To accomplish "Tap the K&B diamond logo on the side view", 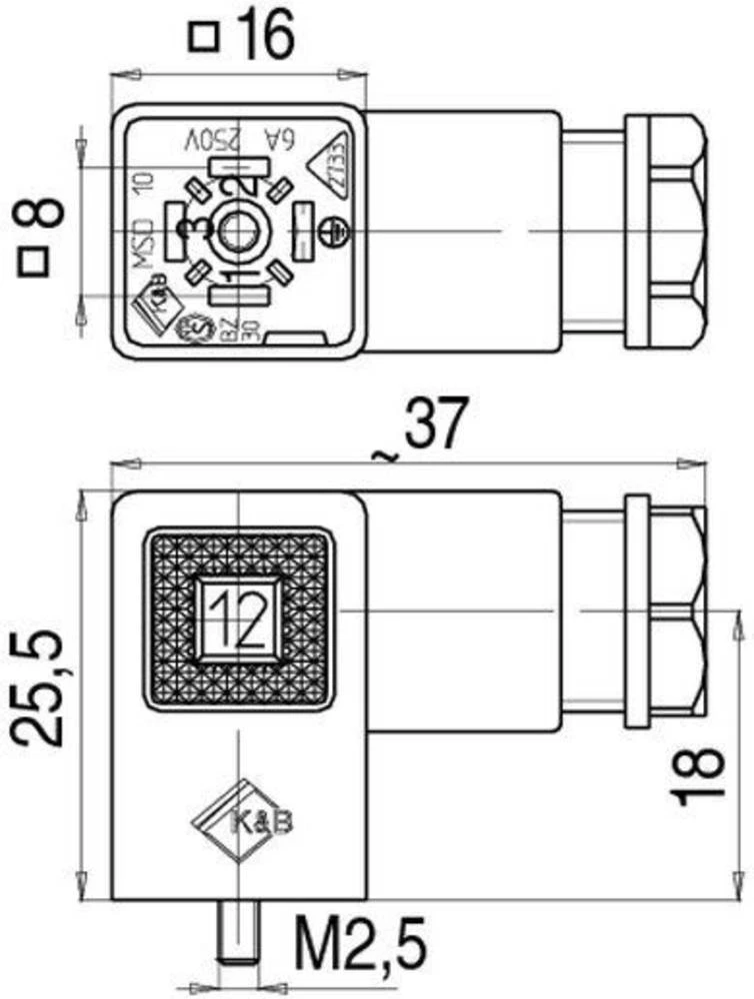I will click(x=236, y=820).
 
